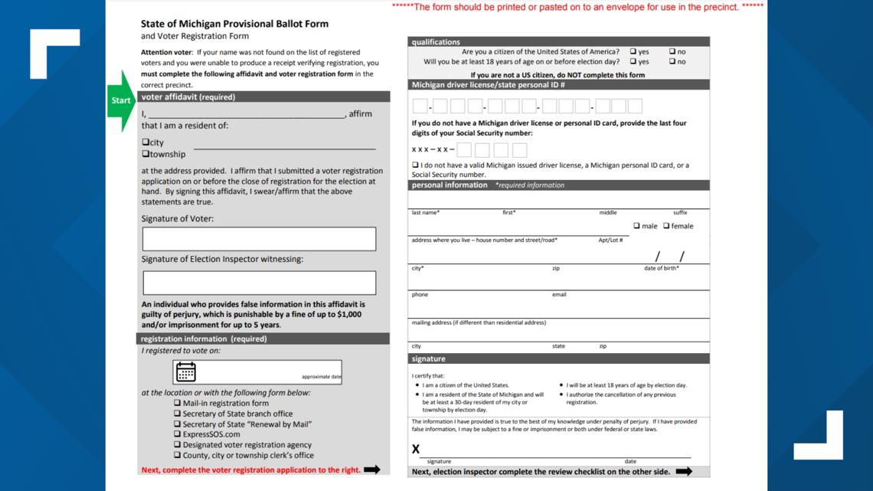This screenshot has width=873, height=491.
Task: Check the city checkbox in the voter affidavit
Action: pyautogui.click(x=145, y=142)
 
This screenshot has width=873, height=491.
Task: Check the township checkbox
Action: pyautogui.click(x=145, y=154)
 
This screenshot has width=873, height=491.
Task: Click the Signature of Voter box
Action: pyautogui.click(x=259, y=239)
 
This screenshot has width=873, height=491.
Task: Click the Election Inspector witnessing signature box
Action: pyautogui.click(x=259, y=283)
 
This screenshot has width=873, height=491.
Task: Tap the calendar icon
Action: pyautogui.click(x=186, y=372)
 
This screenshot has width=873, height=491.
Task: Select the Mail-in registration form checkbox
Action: pyautogui.click(x=178, y=403)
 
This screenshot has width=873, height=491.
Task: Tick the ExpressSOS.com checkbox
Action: pyautogui.click(x=178, y=434)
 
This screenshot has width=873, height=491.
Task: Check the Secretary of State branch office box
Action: pyautogui.click(x=178, y=414)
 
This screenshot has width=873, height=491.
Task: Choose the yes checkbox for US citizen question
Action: pyautogui.click(x=633, y=52)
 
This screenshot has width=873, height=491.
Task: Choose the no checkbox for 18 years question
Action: pyautogui.click(x=672, y=62)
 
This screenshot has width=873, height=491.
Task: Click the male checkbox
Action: pyautogui.click(x=637, y=226)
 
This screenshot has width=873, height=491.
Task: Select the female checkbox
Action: pyautogui.click(x=666, y=226)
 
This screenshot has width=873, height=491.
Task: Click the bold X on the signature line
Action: pyautogui.click(x=416, y=449)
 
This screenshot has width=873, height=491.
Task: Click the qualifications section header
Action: pyautogui.click(x=436, y=42)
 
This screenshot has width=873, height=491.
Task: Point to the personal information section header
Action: pyautogui.click(x=450, y=185)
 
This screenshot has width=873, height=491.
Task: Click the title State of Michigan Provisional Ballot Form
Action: pyautogui.click(x=234, y=24)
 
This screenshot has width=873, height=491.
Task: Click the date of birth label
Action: pyautogui.click(x=661, y=268)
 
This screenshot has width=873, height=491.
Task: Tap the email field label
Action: pyautogui.click(x=559, y=295)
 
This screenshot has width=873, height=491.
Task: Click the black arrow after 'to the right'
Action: pyautogui.click(x=372, y=470)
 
